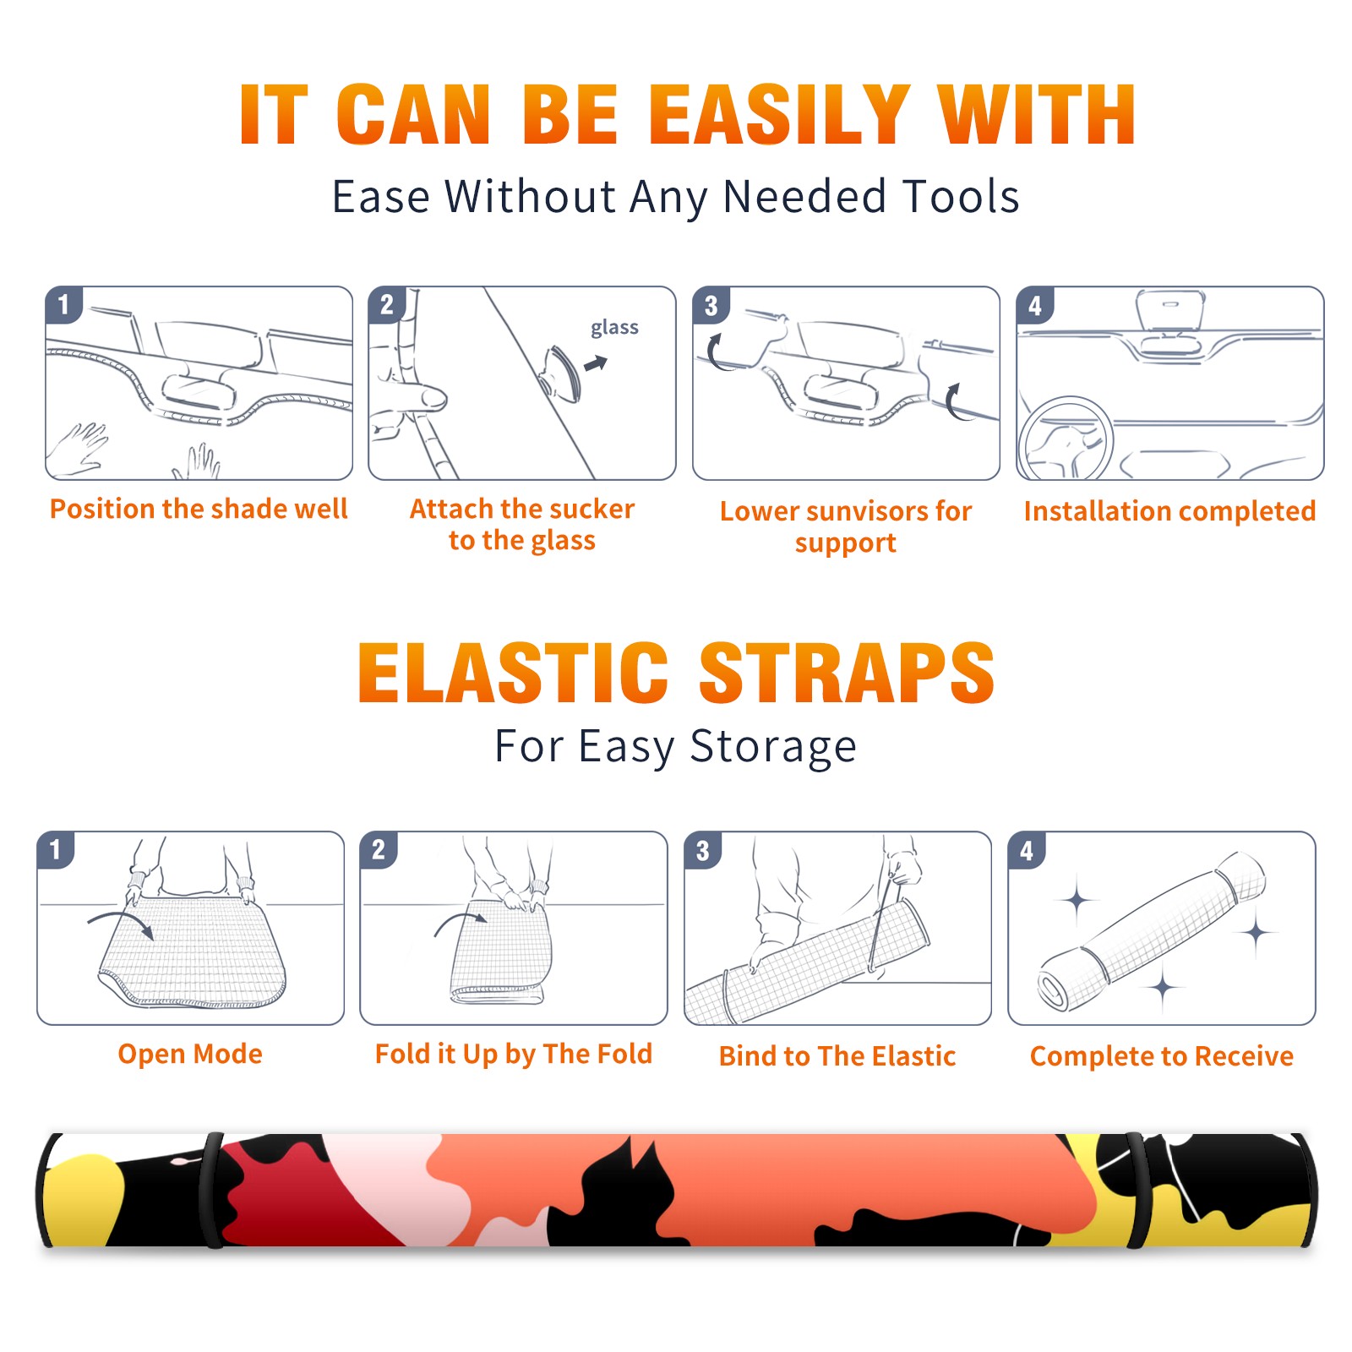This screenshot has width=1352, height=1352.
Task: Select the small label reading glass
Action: tap(614, 328)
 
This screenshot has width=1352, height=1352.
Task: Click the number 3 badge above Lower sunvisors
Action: tap(711, 306)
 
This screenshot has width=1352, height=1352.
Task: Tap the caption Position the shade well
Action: tap(199, 509)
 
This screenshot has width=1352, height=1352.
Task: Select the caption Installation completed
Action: tap(1169, 510)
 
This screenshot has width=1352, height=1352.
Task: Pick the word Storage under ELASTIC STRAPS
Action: tap(773, 747)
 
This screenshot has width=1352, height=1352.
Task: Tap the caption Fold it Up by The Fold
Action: tap(514, 1054)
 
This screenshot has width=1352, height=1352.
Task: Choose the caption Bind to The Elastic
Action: tap(837, 1055)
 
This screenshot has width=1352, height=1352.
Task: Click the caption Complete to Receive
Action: tap(1162, 1055)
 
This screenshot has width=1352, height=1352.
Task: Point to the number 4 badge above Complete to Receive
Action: tap(1027, 851)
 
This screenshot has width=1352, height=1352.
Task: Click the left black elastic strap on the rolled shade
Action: tap(212, 1191)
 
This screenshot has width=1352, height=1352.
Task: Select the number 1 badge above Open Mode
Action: tap(55, 849)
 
